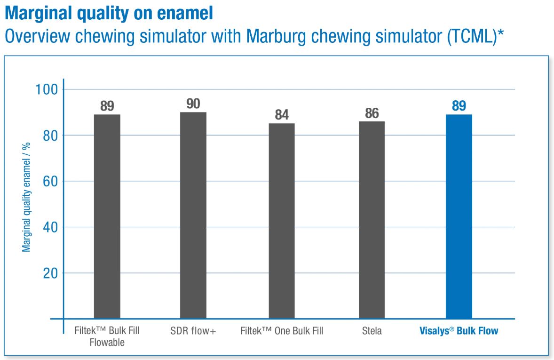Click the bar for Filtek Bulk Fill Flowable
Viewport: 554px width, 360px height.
click(x=107, y=216)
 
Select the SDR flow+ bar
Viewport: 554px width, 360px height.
click(x=193, y=215)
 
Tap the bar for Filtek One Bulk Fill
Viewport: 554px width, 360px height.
click(x=282, y=221)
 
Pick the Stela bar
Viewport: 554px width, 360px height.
click(x=372, y=220)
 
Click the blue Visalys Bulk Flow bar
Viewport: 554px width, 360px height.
click(x=459, y=216)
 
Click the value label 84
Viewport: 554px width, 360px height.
click(x=282, y=115)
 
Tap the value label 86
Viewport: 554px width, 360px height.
click(x=372, y=113)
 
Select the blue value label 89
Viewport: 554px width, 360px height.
click(x=459, y=106)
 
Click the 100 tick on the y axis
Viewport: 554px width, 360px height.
click(x=47, y=89)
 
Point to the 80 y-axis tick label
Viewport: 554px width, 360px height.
click(x=50, y=135)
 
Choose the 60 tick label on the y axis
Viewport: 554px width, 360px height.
click(x=50, y=181)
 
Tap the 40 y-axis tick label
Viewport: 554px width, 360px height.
click(x=50, y=227)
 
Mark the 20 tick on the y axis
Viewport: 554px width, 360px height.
click(x=50, y=273)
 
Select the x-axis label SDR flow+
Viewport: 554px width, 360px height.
click(x=193, y=331)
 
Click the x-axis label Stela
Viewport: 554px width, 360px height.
click(x=372, y=331)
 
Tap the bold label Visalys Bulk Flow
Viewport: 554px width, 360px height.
click(x=459, y=331)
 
